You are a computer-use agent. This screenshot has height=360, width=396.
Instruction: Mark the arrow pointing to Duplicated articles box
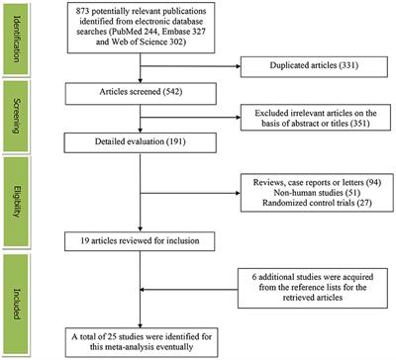pyautogui.click(x=208, y=87)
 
